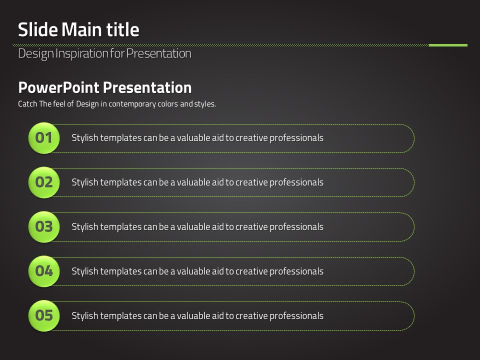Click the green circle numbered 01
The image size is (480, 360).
[x=44, y=138]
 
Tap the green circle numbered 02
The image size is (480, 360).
[x=44, y=182]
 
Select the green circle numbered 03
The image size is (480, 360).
[x=44, y=227]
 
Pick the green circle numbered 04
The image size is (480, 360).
[x=44, y=271]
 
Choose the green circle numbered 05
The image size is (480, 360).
[x=44, y=315]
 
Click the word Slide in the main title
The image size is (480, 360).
[x=38, y=29]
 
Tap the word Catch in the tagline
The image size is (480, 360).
[x=27, y=104]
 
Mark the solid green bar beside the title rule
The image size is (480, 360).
[x=448, y=45]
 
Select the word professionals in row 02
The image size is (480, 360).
[x=296, y=182]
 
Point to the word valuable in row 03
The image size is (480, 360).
[x=194, y=227]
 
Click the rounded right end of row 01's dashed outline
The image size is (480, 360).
[x=414, y=138]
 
